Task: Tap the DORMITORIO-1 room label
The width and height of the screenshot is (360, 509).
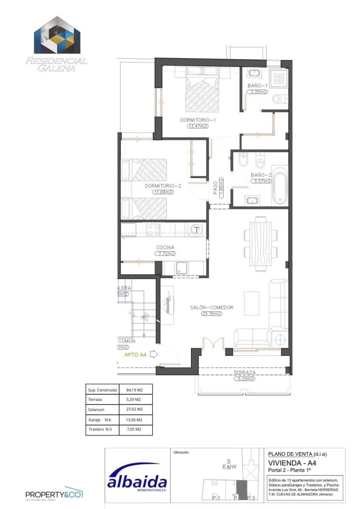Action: pyautogui.click(x=198, y=120)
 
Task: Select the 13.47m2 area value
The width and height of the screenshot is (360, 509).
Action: pyautogui.click(x=198, y=126)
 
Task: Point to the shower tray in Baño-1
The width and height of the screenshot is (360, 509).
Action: pyautogui.click(x=279, y=78)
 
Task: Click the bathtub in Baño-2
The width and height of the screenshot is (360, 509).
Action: pyautogui.click(x=280, y=186)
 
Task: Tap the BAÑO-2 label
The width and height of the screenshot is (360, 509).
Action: pyautogui.click(x=261, y=175)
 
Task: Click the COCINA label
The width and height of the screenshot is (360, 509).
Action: pyautogui.click(x=165, y=247)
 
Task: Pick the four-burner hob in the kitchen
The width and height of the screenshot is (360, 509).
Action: pyautogui.click(x=152, y=229)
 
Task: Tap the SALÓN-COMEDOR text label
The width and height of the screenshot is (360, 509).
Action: pyautogui.click(x=212, y=308)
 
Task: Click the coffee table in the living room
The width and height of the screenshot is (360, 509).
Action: pyautogui.click(x=252, y=303)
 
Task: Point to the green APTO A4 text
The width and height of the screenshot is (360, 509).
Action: pyautogui.click(x=135, y=355)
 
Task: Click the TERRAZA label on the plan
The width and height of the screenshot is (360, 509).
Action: pyautogui.click(x=244, y=373)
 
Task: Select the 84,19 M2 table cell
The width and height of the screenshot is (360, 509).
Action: pyautogui.click(x=134, y=389)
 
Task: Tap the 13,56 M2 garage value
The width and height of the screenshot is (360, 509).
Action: pyautogui.click(x=134, y=420)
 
